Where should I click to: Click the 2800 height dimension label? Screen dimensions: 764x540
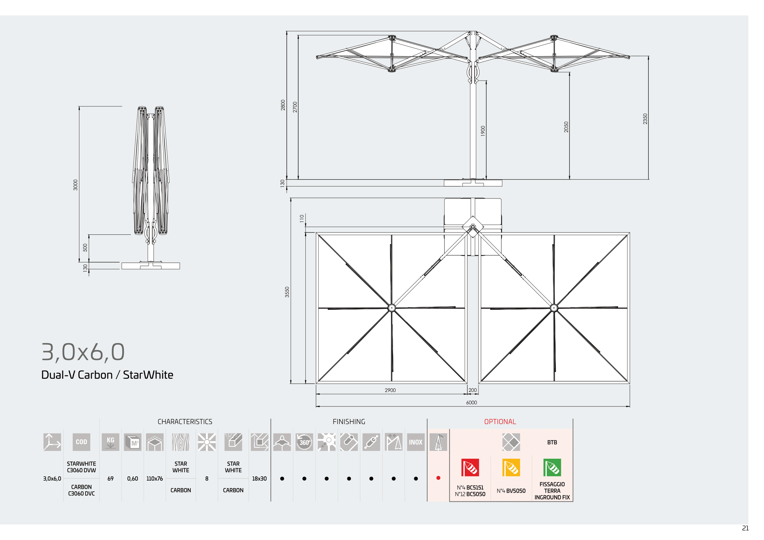pyautogui.click(x=283, y=105)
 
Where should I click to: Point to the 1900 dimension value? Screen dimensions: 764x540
pyautogui.click(x=483, y=131)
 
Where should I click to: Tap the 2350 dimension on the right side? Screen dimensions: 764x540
pyautogui.click(x=645, y=119)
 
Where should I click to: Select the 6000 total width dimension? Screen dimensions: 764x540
pyautogui.click(x=472, y=403)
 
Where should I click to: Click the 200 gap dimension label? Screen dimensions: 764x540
pyautogui.click(x=473, y=390)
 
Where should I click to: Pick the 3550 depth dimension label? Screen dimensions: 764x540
pyautogui.click(x=287, y=292)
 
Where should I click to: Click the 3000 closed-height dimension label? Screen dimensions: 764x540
pyautogui.click(x=75, y=185)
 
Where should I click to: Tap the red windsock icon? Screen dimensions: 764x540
pyautogui.click(x=470, y=468)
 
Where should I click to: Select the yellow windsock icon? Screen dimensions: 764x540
pyautogui.click(x=511, y=468)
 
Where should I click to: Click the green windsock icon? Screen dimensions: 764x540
pyautogui.click(x=552, y=468)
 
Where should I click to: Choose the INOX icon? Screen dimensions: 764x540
pyautogui.click(x=415, y=442)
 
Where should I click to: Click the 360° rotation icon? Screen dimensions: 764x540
pyautogui.click(x=304, y=442)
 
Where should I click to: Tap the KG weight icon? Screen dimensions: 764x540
pyautogui.click(x=110, y=442)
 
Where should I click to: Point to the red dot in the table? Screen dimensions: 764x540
pyautogui.click(x=438, y=478)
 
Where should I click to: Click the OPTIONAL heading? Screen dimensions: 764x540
pyautogui.click(x=500, y=421)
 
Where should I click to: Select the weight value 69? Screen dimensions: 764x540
pyautogui.click(x=110, y=479)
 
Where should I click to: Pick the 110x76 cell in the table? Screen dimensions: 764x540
pyautogui.click(x=155, y=479)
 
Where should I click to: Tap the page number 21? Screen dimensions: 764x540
pyautogui.click(x=745, y=528)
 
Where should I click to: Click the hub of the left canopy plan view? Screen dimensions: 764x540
pyautogui.click(x=392, y=308)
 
